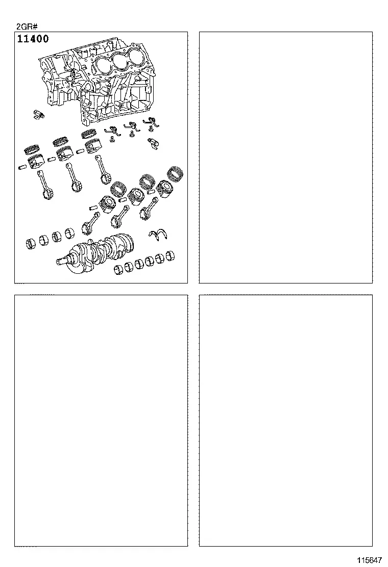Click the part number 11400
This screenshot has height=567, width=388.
click(x=33, y=39)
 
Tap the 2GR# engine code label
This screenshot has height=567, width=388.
click(x=27, y=27)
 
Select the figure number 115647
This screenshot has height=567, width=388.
click(x=370, y=560)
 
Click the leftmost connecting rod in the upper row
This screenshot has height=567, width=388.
click(x=45, y=185)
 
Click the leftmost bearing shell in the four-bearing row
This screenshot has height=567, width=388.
click(x=31, y=243)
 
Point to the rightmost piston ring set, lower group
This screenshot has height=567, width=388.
click(x=176, y=172)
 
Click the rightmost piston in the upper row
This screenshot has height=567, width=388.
click(x=93, y=146)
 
